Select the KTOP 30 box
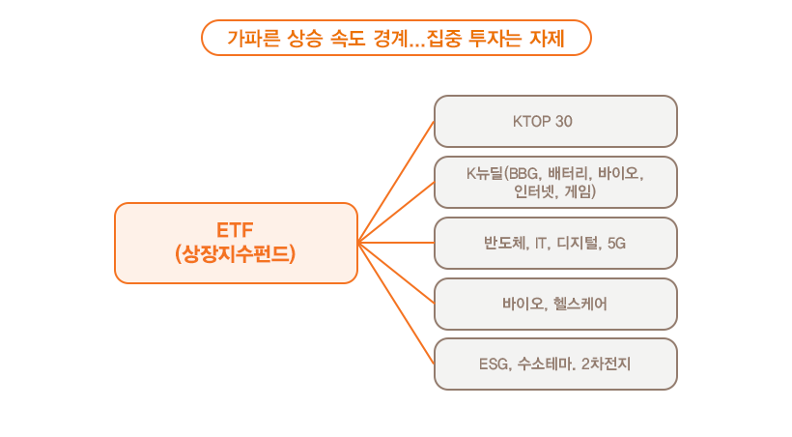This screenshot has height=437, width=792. (x=555, y=121)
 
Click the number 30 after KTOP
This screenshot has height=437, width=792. (x=565, y=121)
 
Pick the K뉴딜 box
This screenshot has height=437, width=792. (x=555, y=182)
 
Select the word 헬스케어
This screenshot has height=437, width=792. (x=580, y=304)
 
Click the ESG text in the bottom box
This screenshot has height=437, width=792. (x=494, y=364)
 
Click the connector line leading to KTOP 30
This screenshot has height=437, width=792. (x=396, y=182)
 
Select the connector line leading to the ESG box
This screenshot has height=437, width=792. (x=396, y=303)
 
